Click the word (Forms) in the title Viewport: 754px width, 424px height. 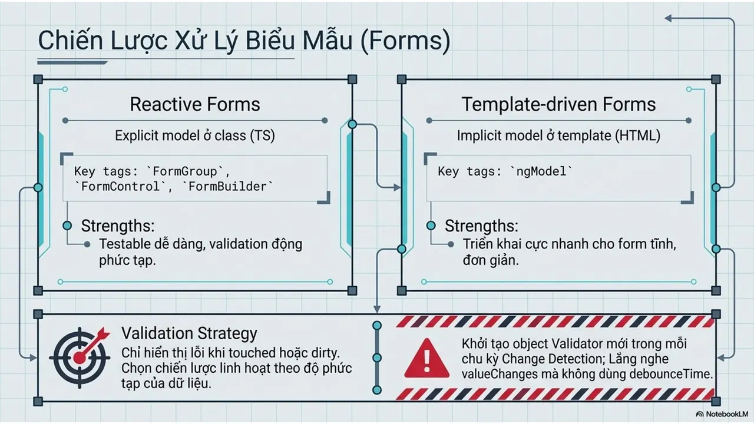tap(405, 41)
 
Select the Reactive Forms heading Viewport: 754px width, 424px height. tap(195, 104)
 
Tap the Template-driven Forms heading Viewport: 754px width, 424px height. tap(558, 104)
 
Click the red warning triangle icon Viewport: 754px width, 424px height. tap(426, 358)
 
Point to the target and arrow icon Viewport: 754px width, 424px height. tap(80, 357)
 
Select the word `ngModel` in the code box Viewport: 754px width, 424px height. tap(541, 171)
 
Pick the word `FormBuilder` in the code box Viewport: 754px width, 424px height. tap(227, 187)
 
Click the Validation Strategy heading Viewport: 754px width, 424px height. tap(189, 333)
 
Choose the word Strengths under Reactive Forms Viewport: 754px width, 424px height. tap(117, 226)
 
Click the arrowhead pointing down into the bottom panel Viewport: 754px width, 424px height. tap(377, 309)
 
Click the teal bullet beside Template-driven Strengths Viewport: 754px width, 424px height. tap(431, 226)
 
